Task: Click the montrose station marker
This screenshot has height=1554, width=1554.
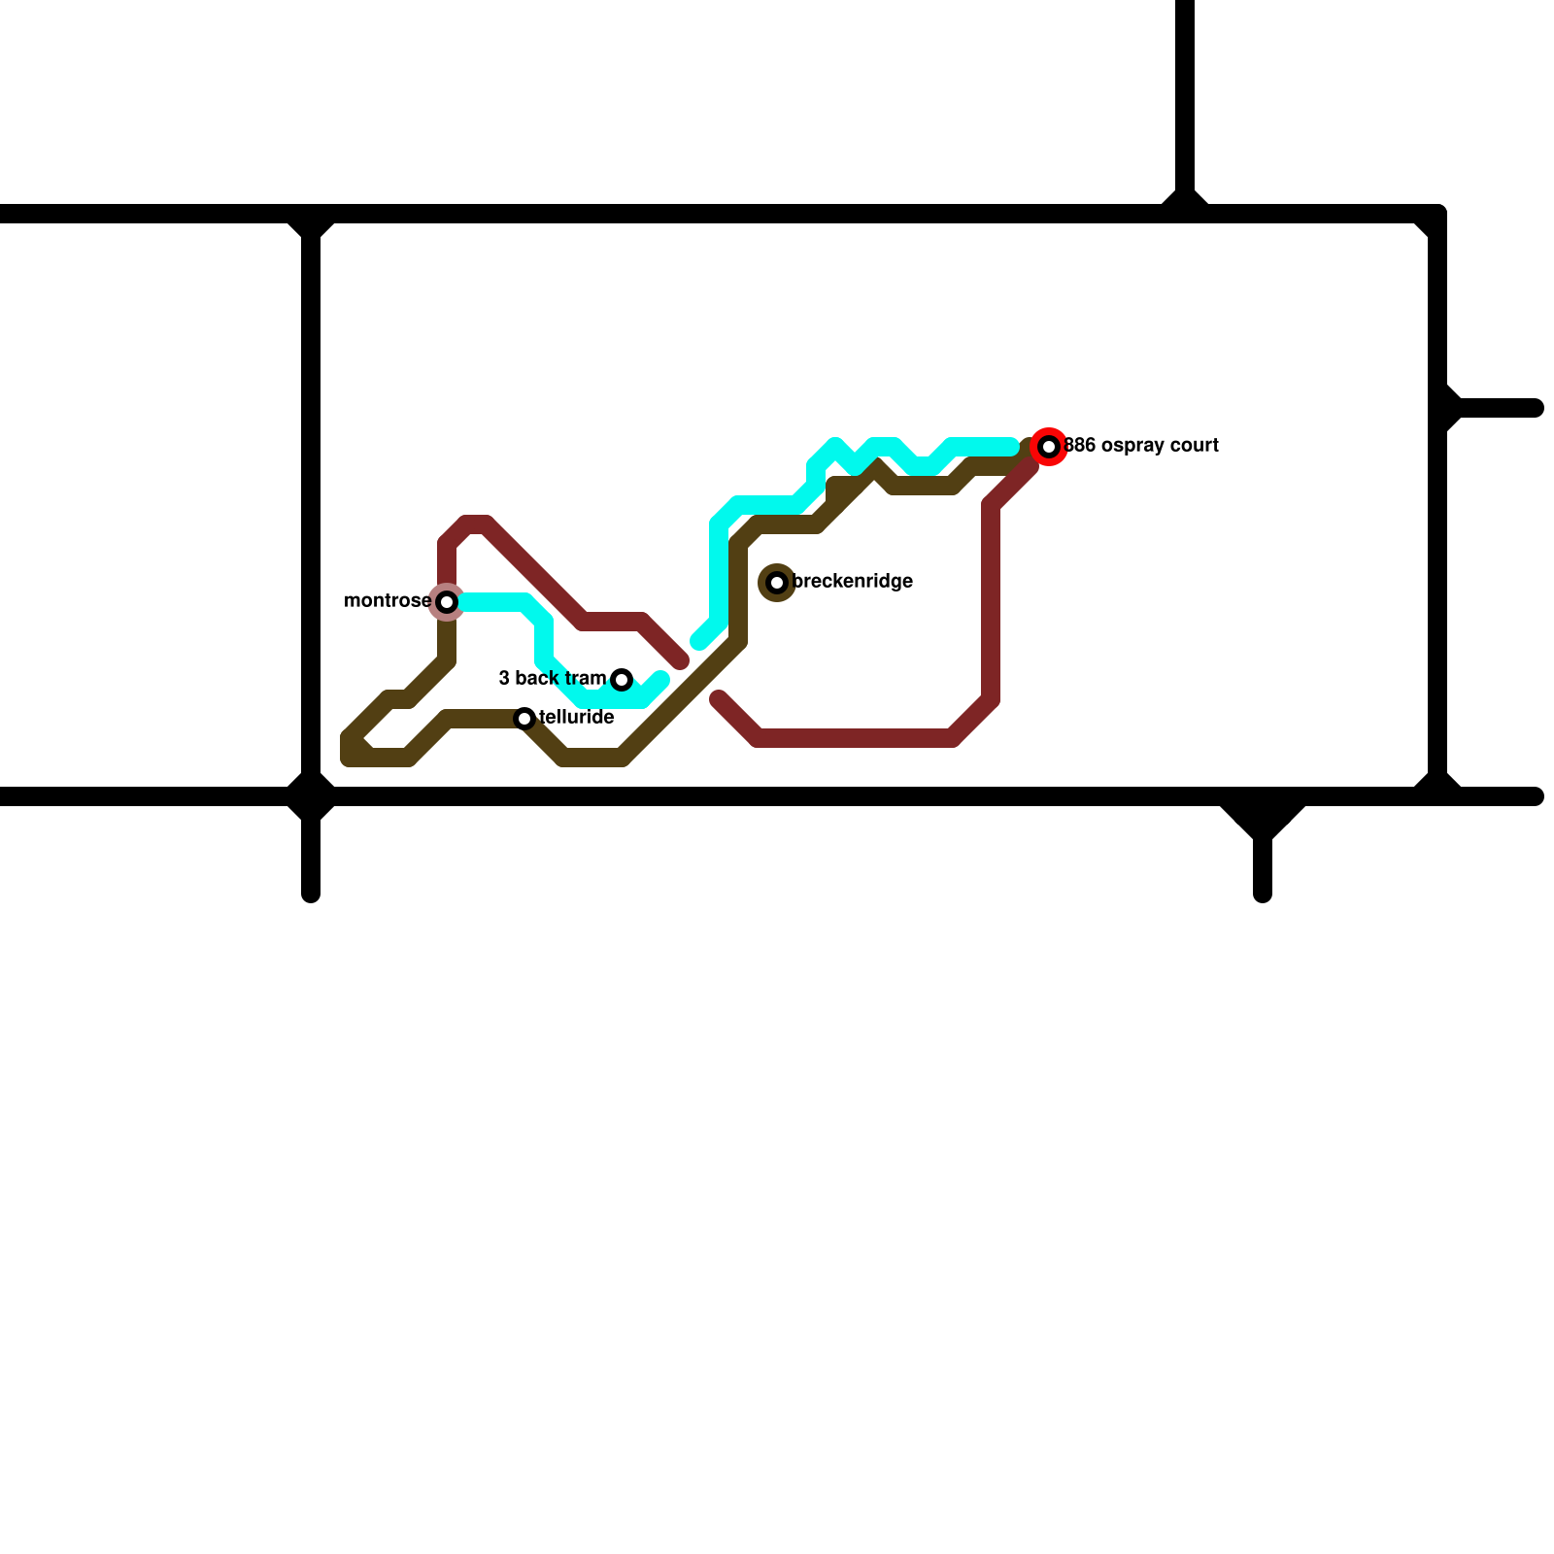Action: pyautogui.click(x=447, y=602)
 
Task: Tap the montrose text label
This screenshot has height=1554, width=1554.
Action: pyautogui.click(x=387, y=601)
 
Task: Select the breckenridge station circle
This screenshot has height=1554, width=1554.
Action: pyautogui.click(x=777, y=583)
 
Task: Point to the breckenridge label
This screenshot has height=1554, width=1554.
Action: pyautogui.click(x=853, y=582)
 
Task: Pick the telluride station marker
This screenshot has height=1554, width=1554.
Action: pyautogui.click(x=524, y=719)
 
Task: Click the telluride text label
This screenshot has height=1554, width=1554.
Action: pyautogui.click(x=577, y=718)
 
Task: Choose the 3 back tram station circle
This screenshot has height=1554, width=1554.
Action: pyautogui.click(x=622, y=680)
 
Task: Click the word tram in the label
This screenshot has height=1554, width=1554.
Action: pyautogui.click(x=585, y=678)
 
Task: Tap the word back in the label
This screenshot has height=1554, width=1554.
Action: pyautogui.click(x=537, y=678)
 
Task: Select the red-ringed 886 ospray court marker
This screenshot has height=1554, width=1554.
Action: pyautogui.click(x=1049, y=447)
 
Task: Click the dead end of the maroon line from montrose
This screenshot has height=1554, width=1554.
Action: pyautogui.click(x=682, y=661)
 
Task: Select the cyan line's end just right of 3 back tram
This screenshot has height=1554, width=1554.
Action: pyautogui.click(x=661, y=678)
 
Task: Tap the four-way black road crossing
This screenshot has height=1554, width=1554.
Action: pyautogui.click(x=311, y=796)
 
